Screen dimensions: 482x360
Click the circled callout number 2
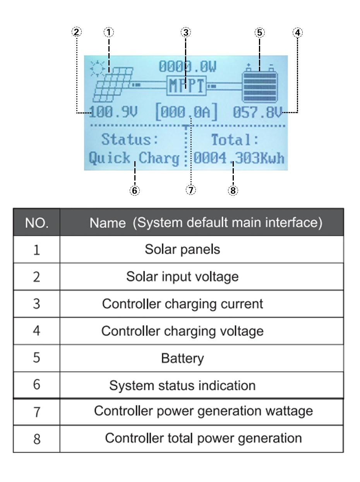point(77,32)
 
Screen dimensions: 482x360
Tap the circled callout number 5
point(260,33)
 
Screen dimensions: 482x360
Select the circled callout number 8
point(233,190)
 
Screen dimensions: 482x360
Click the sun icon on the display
point(97,69)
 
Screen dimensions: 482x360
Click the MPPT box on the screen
point(187,85)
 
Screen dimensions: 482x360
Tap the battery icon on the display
point(260,83)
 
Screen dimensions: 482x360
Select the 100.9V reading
point(113,113)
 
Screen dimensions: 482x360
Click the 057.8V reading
point(257,113)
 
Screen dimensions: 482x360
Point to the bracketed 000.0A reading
point(186,113)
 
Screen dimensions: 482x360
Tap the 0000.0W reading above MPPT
point(188,67)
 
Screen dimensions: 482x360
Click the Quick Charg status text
point(134,158)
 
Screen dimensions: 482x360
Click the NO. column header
point(37,223)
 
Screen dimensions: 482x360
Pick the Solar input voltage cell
point(182,277)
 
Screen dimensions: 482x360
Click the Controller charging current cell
point(182,304)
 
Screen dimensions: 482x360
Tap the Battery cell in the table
point(182,358)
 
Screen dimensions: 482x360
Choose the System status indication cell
point(182,386)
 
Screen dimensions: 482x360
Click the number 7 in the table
point(37,412)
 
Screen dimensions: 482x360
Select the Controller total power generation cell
point(203,438)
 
